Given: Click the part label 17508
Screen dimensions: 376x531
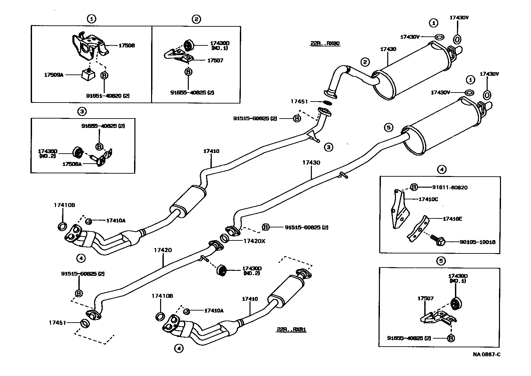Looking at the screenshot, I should tap(126, 45).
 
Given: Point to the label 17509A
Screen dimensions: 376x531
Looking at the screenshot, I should tap(54, 75).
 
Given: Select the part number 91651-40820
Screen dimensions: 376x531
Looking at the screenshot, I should tap(108, 96).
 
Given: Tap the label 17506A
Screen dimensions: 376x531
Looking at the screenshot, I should tap(72, 164).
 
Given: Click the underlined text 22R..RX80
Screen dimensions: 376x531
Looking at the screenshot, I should tap(325, 43).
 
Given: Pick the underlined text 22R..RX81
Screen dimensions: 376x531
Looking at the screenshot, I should tap(291, 330).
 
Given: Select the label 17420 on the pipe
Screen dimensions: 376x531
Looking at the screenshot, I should tap(163, 250).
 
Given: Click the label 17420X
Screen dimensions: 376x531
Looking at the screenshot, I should tap(254, 240).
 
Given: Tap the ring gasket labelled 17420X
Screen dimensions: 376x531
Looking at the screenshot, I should tap(224, 239).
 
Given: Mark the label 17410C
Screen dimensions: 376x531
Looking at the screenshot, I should tap(428, 199).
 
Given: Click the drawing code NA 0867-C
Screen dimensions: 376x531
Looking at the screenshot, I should tap(486, 354).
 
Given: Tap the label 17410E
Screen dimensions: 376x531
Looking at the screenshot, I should tap(452, 219).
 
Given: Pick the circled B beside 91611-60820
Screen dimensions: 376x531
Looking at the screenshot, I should tap(414, 187).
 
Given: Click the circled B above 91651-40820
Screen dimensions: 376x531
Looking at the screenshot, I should tap(104, 75).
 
